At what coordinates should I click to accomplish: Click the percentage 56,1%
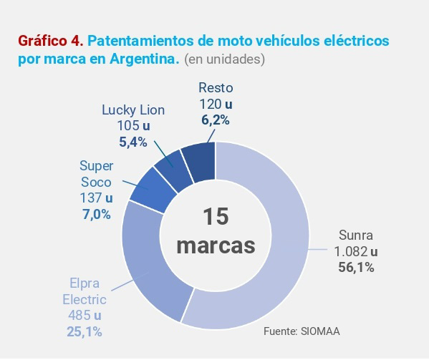(x=355, y=267)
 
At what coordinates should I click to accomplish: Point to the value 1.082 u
(x=356, y=251)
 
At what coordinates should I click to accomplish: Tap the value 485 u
(x=84, y=316)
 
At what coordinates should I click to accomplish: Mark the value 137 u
(x=96, y=198)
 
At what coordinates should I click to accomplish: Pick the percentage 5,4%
(x=132, y=142)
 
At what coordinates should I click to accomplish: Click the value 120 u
(x=216, y=104)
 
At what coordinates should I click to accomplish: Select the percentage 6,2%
(x=215, y=120)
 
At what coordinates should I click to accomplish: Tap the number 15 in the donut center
(x=216, y=218)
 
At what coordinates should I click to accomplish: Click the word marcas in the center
(x=216, y=245)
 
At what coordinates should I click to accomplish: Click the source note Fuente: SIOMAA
(x=302, y=332)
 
